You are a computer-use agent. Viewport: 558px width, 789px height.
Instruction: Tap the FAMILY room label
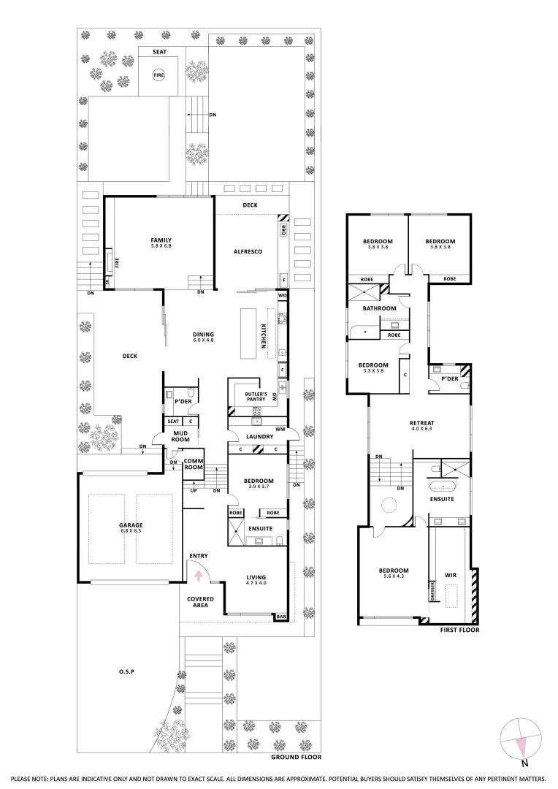coord(161,243)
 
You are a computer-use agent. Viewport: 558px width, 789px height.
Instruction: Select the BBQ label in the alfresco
coord(283,230)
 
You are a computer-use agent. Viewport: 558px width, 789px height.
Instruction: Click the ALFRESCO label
coord(248,252)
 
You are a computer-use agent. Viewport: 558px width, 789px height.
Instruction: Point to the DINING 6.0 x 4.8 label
coord(203,338)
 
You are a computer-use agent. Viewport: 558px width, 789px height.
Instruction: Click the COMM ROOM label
coord(193,464)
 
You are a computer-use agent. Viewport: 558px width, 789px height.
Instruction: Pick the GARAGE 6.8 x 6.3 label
coord(131,528)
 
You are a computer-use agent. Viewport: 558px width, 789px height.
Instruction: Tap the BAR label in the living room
coord(281,617)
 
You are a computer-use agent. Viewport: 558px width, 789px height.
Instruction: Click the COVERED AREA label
coord(200,602)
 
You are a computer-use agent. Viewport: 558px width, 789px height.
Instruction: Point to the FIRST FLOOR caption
coord(459,630)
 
